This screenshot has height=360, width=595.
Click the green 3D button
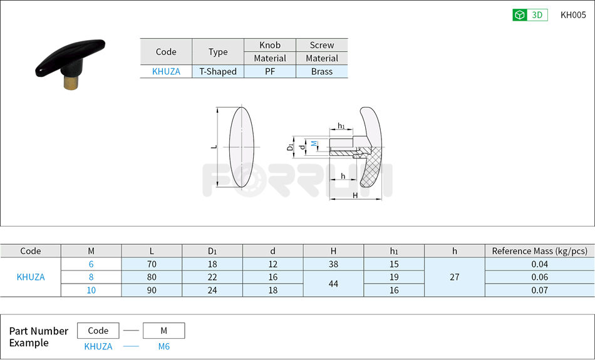point(530,15)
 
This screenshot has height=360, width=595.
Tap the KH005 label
point(573,15)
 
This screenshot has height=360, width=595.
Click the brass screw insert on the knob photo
point(71,82)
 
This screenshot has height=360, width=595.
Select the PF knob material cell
point(270,71)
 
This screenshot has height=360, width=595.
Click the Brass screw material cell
point(322,71)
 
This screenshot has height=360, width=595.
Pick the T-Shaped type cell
point(218,71)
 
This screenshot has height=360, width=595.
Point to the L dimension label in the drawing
point(214,147)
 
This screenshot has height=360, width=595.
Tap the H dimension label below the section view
point(355,195)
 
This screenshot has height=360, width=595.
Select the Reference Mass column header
point(539,251)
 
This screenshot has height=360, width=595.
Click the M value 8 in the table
point(91,277)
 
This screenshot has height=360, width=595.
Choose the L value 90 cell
point(152,290)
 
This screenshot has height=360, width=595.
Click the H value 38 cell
point(333,264)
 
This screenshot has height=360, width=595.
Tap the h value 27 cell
point(455,277)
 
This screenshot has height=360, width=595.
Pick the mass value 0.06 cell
point(539,277)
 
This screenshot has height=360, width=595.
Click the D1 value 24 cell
point(212,290)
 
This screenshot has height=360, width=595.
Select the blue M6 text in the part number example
point(163,346)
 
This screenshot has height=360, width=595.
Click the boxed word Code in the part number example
point(98,331)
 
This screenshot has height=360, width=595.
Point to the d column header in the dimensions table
point(272,251)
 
